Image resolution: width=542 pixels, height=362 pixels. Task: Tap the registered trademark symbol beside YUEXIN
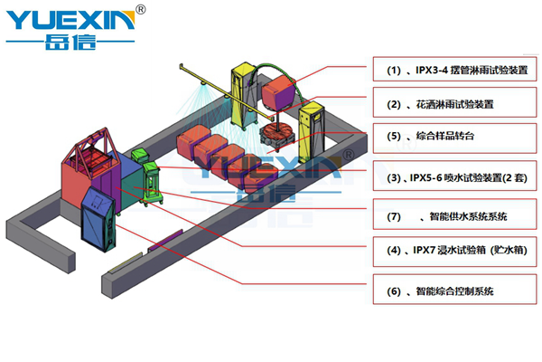pos(139,10)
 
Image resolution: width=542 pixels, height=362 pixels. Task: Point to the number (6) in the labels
pos(393,291)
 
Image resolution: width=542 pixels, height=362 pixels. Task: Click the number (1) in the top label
pos(393,71)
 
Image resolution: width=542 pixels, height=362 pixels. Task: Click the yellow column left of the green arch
pos(243,91)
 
